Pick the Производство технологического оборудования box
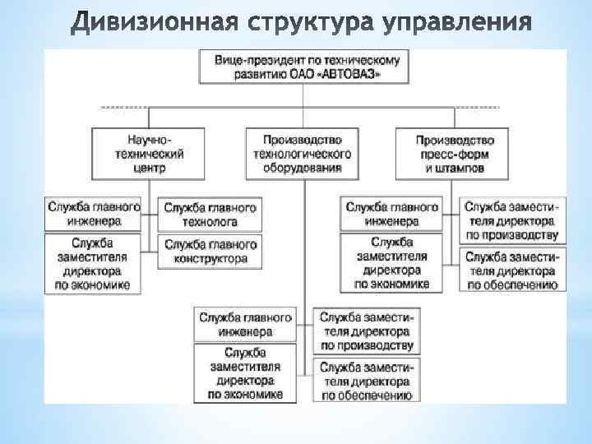click(x=303, y=153)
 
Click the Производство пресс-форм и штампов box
click(x=455, y=153)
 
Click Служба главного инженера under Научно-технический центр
click(x=94, y=214)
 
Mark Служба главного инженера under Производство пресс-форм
click(x=392, y=214)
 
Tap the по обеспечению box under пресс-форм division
click(x=511, y=271)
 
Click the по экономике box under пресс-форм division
click(x=392, y=263)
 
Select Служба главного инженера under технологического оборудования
click(x=245, y=325)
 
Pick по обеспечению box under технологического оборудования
click(x=366, y=381)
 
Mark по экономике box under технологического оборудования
click(x=245, y=373)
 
